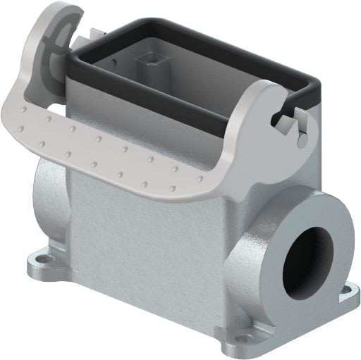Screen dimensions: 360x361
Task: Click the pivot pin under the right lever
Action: (x=302, y=139)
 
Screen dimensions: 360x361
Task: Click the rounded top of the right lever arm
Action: (x=264, y=88)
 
